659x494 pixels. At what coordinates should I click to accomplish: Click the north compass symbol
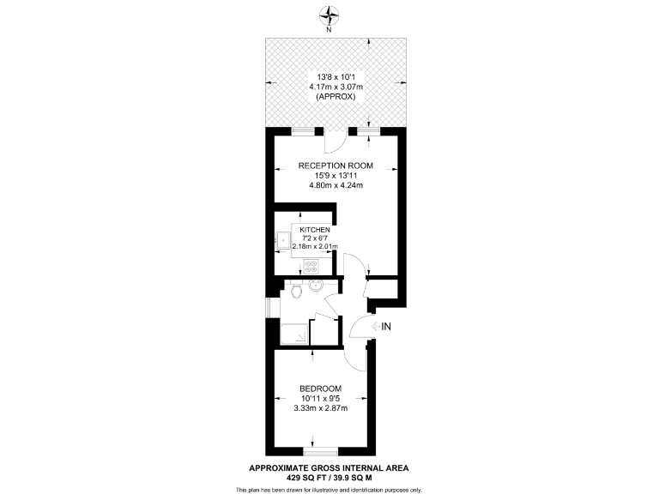tap(329, 15)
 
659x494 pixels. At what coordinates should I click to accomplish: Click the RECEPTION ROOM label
tap(329, 165)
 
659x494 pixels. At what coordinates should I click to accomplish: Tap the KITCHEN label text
tap(313, 230)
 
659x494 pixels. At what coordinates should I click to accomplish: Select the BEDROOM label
tap(320, 387)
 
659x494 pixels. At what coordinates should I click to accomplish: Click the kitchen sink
tap(282, 240)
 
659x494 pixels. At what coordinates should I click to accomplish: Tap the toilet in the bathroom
tap(297, 292)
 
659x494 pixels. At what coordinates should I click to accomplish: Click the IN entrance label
tap(386, 326)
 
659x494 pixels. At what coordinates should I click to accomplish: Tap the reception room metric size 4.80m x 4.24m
tap(329, 185)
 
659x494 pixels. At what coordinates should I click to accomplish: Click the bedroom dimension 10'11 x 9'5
tap(320, 397)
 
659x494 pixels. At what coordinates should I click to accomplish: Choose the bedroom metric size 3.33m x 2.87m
tap(320, 407)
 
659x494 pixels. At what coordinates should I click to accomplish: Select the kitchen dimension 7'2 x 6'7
tap(313, 238)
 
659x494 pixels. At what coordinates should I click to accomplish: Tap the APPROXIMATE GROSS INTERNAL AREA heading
tap(329, 467)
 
